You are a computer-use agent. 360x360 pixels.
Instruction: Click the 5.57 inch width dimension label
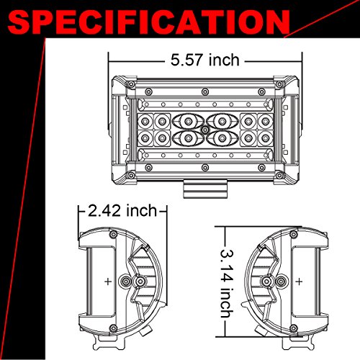pos(204,60)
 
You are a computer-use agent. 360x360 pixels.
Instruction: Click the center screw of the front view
pos(204,128)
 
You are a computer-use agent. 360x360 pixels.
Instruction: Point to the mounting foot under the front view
pos(204,189)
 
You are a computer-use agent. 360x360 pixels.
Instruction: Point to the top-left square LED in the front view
pos(146,119)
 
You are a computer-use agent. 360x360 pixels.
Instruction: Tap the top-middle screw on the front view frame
pos(204,92)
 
